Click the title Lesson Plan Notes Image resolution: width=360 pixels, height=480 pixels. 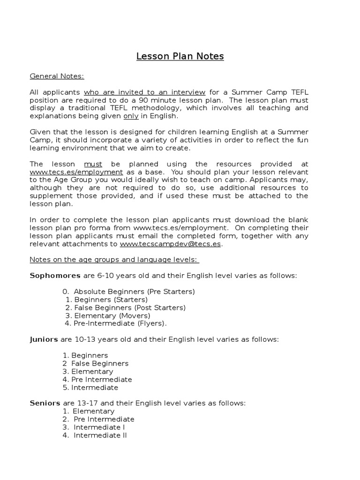point(180,57)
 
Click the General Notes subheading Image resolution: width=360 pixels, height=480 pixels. point(57,76)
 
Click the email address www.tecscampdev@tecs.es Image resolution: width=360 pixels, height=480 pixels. point(171,244)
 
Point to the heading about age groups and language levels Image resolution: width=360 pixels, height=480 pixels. point(114,260)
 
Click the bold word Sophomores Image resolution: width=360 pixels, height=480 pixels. point(55,276)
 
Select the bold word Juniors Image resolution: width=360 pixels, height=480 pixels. point(44,339)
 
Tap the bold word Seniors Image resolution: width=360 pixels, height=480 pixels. point(45,403)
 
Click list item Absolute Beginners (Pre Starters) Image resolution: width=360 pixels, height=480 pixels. point(134,292)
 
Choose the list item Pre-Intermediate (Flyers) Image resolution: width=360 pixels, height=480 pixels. point(120,323)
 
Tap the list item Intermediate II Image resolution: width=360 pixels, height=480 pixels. point(100,435)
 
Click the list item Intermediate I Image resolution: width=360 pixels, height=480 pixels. point(99,427)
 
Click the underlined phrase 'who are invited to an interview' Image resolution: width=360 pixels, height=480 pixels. point(144,92)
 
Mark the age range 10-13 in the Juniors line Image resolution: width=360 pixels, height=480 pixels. point(88,339)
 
